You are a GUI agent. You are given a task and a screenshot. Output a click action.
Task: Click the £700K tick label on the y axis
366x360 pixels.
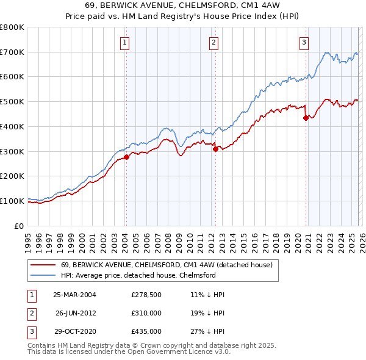pos(12,52)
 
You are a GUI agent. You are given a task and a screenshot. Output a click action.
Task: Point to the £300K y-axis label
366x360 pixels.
pos(12,151)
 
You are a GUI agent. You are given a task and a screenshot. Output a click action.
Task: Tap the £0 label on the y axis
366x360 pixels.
pos(19,226)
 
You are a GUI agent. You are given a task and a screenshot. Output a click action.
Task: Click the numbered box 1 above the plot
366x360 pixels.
pos(124,42)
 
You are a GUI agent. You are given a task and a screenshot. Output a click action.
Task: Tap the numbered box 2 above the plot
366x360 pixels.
pos(214,42)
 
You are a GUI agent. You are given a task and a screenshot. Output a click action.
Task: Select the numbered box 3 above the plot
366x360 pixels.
pos(304,42)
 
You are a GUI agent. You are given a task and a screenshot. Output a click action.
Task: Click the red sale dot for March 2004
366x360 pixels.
pos(126,157)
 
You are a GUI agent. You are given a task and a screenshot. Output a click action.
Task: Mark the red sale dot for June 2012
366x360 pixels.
pos(215,149)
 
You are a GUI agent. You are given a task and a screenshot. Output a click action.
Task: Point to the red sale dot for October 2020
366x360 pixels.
pos(305,118)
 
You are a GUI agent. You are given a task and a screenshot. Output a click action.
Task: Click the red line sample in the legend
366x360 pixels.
pos(43,265)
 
